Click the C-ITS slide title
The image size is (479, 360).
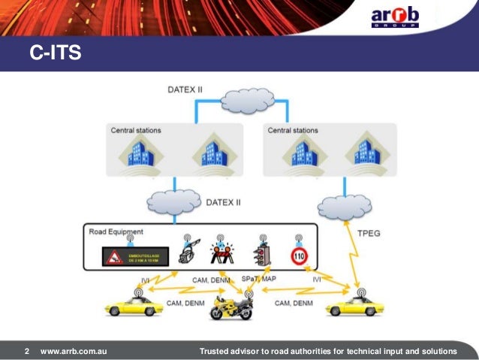pos(55,53)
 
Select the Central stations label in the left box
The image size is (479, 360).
pos(136,130)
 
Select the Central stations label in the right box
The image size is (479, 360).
pos(293,130)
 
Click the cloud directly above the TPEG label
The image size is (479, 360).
pos(345,206)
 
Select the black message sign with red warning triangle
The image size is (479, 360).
pos(131,259)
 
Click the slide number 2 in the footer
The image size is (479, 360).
pos(27,351)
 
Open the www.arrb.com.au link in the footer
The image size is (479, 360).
pos(74,351)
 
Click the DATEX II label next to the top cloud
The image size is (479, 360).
pos(184,90)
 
